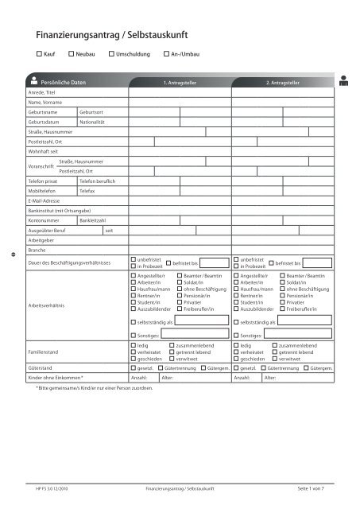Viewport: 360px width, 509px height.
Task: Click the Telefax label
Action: (x=87, y=192)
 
